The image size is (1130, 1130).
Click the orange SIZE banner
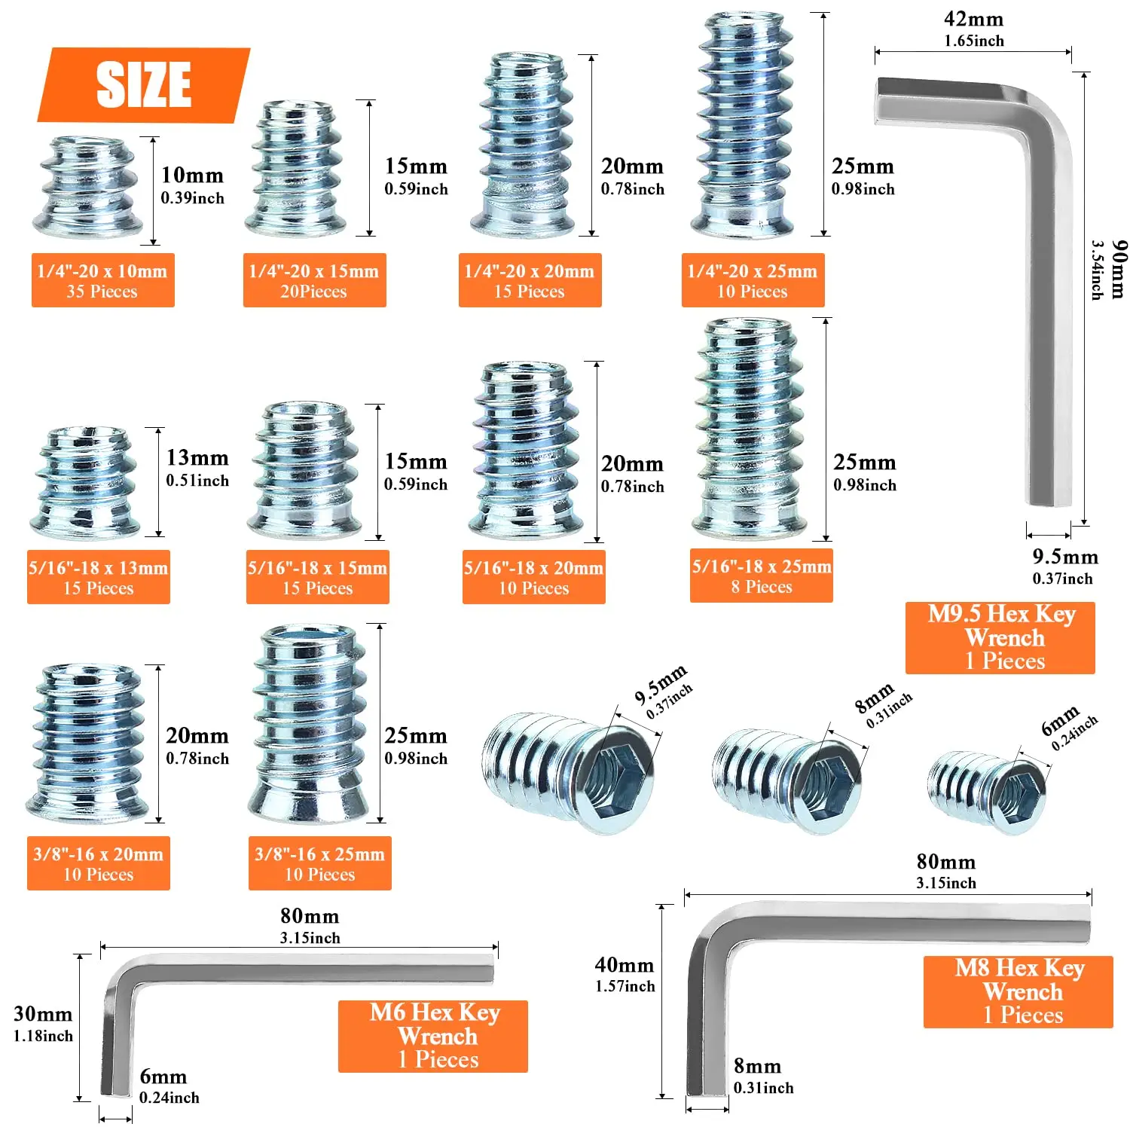pos(143,84)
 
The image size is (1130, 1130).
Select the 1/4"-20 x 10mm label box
pos(102,280)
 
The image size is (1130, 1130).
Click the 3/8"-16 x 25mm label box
pos(319,863)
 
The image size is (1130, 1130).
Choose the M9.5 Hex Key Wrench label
pos(1000,637)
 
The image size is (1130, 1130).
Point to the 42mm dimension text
pos(973,20)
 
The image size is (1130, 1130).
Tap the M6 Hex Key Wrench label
pos(433,1036)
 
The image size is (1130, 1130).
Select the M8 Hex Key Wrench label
pos(1018,991)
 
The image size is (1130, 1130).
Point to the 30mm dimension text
pos(43,1014)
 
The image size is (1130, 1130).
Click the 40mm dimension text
pos(624,965)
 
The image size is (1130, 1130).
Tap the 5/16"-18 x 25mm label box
pos(761,576)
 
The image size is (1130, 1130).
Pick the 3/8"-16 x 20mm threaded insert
pos(89,742)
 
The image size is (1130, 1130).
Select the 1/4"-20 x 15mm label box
pos(314,280)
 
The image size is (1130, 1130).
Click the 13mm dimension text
pos(197,458)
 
